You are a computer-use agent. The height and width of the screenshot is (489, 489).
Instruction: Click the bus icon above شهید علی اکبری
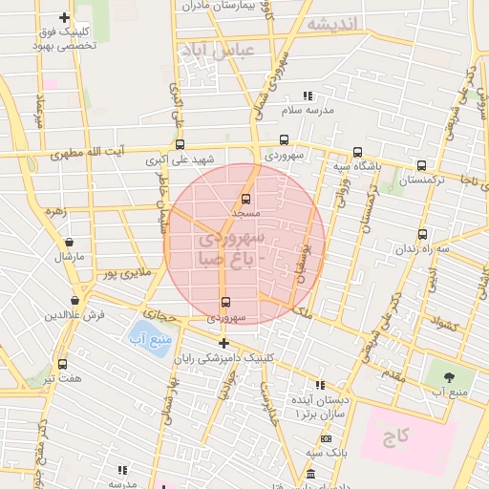pos(180,144)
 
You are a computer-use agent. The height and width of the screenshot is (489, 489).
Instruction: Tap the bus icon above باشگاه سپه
pos(357,152)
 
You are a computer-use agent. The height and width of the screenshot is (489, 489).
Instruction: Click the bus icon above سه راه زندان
pos(422,234)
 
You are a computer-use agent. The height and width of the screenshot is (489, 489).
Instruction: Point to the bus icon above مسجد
pos(246,200)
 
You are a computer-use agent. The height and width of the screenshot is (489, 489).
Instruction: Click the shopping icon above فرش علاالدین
pos(74,300)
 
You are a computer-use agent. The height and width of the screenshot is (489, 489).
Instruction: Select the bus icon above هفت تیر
pos(63,364)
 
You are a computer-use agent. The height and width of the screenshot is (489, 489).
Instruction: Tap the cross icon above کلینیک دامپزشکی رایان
pos(223,343)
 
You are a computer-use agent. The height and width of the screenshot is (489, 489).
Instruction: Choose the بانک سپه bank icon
pos(327,438)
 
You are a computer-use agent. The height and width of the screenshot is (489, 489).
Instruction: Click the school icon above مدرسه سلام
pos(308,96)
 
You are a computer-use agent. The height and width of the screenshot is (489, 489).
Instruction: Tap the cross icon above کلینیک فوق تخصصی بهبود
pos(64,17)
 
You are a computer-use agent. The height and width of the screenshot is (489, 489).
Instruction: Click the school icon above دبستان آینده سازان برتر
pos(320,384)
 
